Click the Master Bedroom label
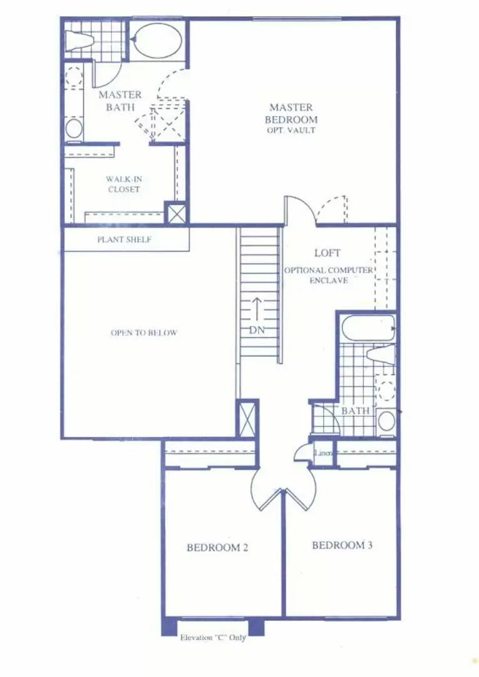click(291, 113)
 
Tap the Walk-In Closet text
click(123, 184)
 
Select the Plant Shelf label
click(125, 239)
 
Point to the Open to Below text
click(144, 333)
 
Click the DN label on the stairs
click(257, 330)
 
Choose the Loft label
click(327, 253)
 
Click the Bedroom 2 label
click(218, 548)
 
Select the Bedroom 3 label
click(343, 545)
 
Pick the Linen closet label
click(323, 453)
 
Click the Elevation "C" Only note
click(213, 638)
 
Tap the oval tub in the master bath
click(157, 41)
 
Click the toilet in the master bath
click(80, 39)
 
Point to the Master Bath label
click(120, 101)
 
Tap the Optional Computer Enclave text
click(329, 275)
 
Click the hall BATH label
click(355, 411)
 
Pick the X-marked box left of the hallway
click(247, 418)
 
